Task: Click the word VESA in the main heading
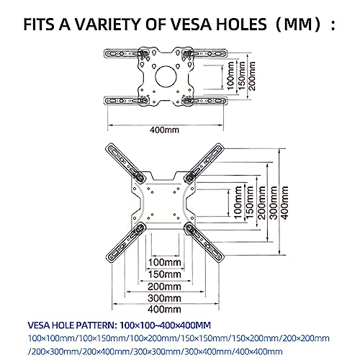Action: coord(192,24)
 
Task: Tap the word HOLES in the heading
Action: coord(241,24)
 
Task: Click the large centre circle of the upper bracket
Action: coord(166,76)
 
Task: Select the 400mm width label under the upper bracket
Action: coord(165,130)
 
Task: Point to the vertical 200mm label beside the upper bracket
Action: coord(252,76)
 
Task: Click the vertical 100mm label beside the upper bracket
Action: coord(230,76)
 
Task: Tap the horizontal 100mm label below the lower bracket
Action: coord(165,262)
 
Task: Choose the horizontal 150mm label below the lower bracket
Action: coord(165,274)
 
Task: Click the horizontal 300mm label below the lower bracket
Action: coord(165,298)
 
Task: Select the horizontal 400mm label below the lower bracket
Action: coord(165,309)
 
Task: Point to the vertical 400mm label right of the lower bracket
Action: coord(284,203)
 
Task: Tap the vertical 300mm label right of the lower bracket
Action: coord(274,203)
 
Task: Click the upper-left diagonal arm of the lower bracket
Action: coord(125,163)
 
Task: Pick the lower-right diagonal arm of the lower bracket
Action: coord(204,242)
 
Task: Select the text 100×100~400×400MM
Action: coord(166,325)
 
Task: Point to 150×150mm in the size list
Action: coord(204,338)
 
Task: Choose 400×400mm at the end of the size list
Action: coord(259,352)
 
